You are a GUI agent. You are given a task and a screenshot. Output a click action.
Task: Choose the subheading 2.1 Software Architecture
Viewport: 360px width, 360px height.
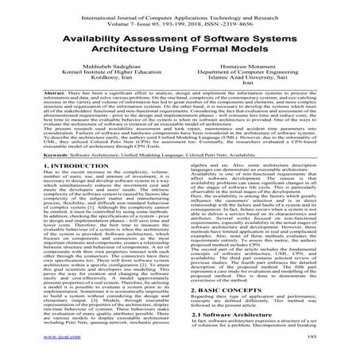234,326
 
